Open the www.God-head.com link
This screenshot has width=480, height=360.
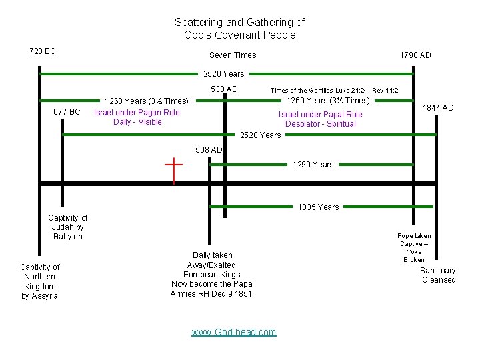click(x=233, y=332)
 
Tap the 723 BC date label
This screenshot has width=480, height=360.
click(x=43, y=51)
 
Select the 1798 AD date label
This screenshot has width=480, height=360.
click(x=415, y=55)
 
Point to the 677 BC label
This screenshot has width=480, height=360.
click(x=67, y=111)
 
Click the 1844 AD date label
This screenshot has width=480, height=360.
click(x=439, y=108)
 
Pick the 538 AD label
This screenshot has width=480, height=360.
click(x=224, y=89)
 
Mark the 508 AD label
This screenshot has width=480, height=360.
click(x=209, y=149)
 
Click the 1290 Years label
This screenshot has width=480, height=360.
click(x=313, y=165)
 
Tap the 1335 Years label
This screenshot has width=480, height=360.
click(x=319, y=207)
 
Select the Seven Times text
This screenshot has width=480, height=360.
click(x=233, y=55)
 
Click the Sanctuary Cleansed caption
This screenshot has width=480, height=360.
click(x=438, y=275)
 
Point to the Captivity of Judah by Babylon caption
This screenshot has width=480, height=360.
click(x=68, y=227)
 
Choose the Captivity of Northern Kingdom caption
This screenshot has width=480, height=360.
click(x=40, y=281)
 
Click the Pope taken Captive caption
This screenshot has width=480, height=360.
click(x=414, y=247)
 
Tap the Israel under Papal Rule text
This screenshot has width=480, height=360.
click(x=321, y=119)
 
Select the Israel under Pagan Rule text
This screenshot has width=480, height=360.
click(x=137, y=117)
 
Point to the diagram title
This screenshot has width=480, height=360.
click(x=239, y=29)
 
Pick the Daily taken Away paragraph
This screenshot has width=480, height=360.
click(x=213, y=274)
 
